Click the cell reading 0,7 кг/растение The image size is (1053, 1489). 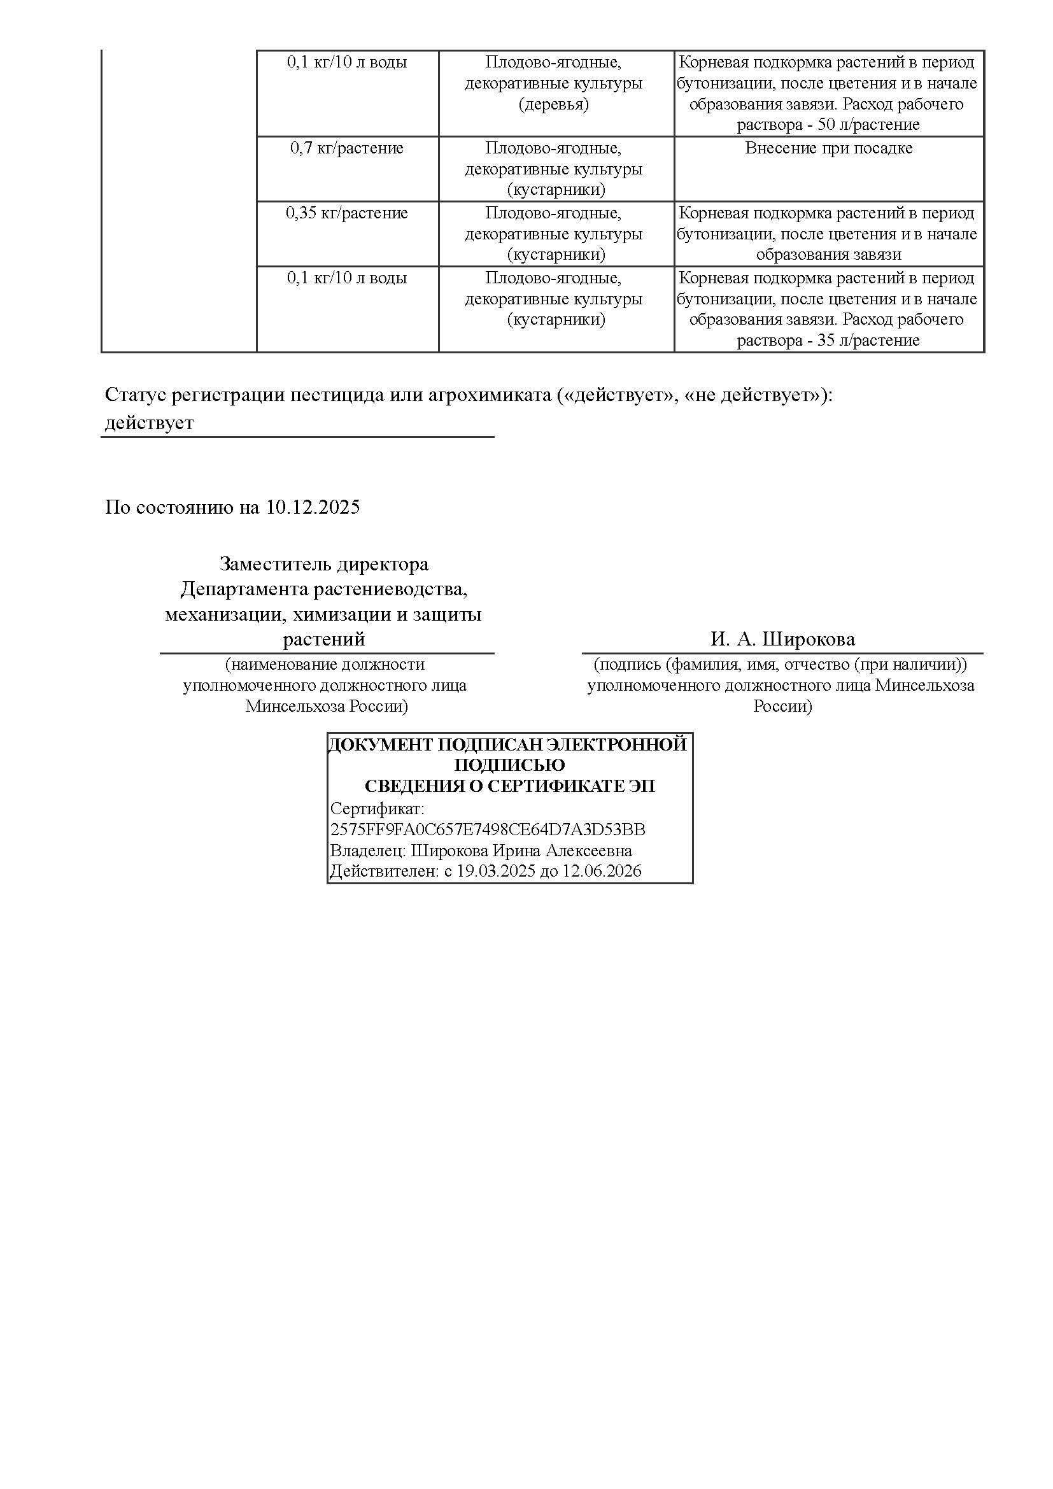[x=347, y=148]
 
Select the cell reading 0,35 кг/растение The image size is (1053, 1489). [x=347, y=213]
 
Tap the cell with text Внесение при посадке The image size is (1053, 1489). [x=829, y=148]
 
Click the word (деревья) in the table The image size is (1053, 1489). [x=554, y=104]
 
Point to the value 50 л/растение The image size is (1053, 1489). [x=869, y=125]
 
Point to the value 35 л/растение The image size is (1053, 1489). [x=869, y=341]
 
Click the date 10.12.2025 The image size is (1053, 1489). [x=313, y=507]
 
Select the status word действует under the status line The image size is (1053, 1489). [x=149, y=423]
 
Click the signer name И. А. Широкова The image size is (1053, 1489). [x=782, y=639]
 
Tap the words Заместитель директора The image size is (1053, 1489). [x=324, y=564]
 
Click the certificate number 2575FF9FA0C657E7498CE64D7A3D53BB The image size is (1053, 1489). [x=488, y=829]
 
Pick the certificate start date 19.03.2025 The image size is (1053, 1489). [x=496, y=871]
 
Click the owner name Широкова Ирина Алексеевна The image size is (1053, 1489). [x=521, y=850]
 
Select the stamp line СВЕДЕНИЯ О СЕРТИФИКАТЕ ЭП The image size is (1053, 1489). [x=510, y=787]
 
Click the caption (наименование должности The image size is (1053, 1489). [x=325, y=665]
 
